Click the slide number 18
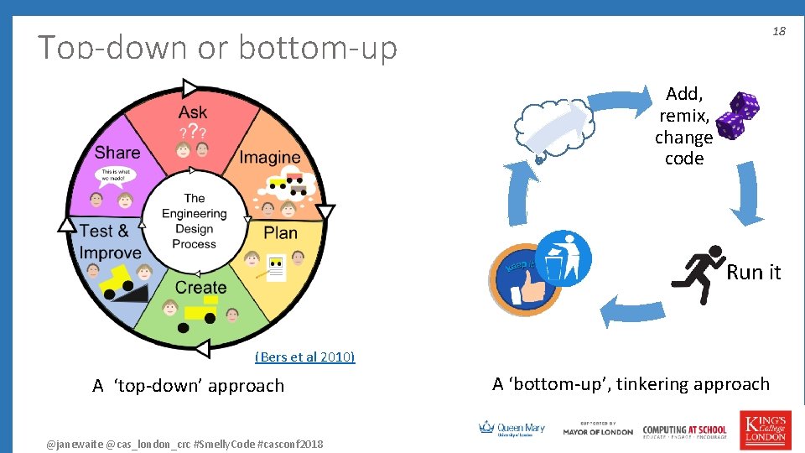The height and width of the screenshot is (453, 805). tap(778, 31)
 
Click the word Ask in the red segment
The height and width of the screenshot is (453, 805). tap(193, 112)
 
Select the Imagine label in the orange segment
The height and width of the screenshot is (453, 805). tap(269, 157)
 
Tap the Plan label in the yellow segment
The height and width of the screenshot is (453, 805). tap(280, 232)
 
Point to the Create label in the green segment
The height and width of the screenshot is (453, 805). tap(200, 287)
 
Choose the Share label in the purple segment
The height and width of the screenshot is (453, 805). tap(117, 152)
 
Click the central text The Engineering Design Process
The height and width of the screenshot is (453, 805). tap(194, 221)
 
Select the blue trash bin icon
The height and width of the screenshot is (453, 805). tap(562, 258)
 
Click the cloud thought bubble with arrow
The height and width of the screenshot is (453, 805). tap(555, 126)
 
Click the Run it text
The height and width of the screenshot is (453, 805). tap(753, 272)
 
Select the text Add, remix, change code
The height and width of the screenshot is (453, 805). tap(683, 126)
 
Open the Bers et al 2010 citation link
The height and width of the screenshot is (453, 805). tap(304, 357)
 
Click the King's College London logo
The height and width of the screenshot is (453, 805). tap(763, 430)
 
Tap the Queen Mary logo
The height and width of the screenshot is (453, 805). tap(512, 429)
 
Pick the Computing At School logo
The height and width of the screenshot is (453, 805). tap(684, 431)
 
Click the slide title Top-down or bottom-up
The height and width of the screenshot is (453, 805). tap(217, 48)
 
